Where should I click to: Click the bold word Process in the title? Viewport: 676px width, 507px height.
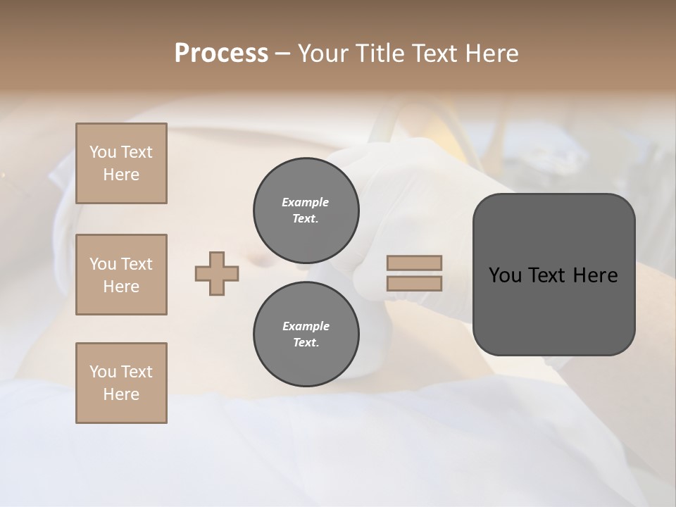(x=221, y=54)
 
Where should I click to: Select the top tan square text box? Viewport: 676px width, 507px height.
(x=121, y=163)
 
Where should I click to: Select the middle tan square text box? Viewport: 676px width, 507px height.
(x=121, y=275)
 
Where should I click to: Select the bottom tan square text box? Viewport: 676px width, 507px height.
(x=121, y=383)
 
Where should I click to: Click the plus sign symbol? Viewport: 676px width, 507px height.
(x=217, y=273)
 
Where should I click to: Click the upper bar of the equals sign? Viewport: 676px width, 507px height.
(x=414, y=263)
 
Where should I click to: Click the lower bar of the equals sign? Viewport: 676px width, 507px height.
(x=414, y=283)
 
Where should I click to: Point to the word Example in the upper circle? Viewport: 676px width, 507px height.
(x=306, y=202)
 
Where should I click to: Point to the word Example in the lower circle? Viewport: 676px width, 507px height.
(x=306, y=326)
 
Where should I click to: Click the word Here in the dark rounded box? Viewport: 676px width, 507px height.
(x=594, y=275)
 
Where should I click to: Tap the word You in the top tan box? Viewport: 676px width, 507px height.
(x=103, y=152)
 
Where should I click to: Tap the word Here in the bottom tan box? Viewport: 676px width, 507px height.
(x=121, y=394)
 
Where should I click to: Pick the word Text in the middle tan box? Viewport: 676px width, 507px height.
(x=137, y=264)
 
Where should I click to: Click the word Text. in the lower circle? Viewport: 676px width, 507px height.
(x=306, y=343)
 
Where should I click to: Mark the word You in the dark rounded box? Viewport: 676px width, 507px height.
(x=505, y=275)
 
